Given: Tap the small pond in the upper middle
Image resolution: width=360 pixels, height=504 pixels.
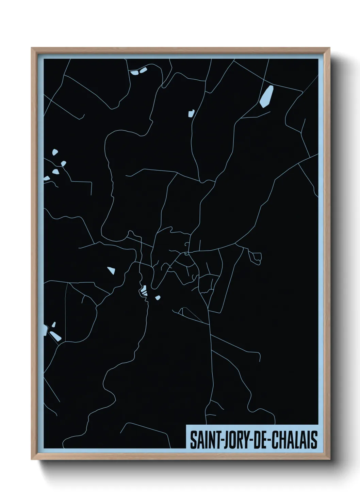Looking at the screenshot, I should (x=191, y=113).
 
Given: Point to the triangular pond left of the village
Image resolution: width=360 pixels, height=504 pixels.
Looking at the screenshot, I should (x=111, y=271).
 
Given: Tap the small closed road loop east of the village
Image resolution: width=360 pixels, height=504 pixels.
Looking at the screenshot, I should (x=256, y=257).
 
